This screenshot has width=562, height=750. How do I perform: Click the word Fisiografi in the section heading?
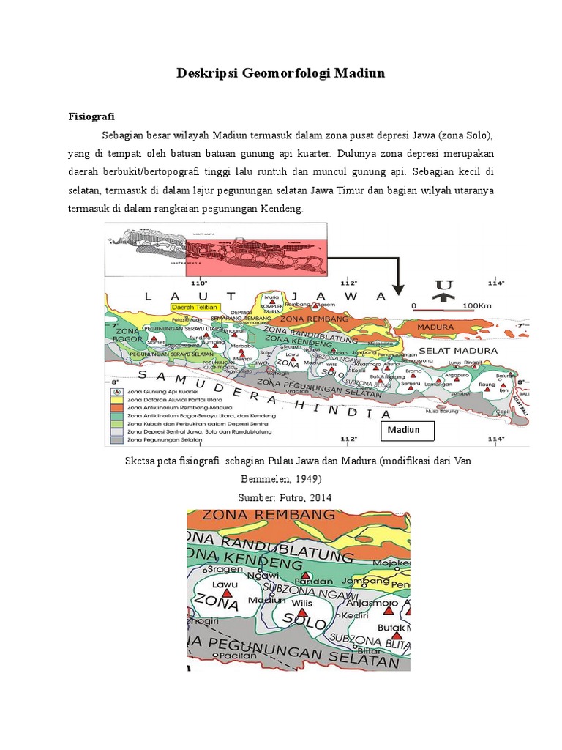coord(91,116)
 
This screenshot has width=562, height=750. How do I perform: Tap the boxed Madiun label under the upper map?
coord(405,430)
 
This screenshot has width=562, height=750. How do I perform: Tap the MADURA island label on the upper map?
coord(435,326)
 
